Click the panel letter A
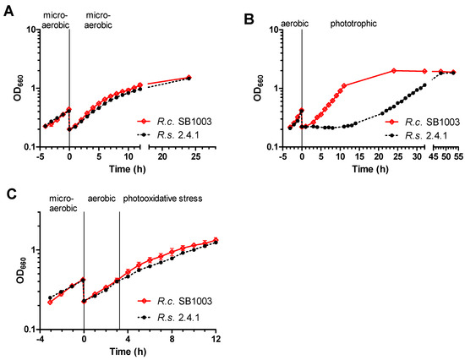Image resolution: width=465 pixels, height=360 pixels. [9, 12]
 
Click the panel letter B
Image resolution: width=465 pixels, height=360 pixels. [249, 19]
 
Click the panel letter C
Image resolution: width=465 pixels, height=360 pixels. [11, 195]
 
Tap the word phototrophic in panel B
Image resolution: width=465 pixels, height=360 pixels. [353, 24]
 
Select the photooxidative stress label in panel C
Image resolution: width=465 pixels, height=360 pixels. [162, 199]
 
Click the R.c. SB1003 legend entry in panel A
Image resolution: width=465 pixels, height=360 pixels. [174, 122]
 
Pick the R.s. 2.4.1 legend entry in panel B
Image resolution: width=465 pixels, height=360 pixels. [416, 135]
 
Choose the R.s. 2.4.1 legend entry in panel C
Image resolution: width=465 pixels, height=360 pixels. [168, 317]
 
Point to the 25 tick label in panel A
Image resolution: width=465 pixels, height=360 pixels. [196, 156]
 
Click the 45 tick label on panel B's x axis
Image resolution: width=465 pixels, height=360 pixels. [434, 156]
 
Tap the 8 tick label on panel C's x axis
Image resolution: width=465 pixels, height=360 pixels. [172, 338]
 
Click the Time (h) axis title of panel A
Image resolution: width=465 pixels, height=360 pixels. [127, 169]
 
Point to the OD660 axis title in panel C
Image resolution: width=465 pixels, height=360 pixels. [21, 270]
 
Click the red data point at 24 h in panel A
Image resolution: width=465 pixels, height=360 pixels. [189, 78]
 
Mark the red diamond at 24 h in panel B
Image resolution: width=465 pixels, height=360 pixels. [394, 71]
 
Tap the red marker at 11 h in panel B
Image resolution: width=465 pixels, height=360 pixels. [344, 85]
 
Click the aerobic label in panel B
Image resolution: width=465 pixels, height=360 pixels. [294, 24]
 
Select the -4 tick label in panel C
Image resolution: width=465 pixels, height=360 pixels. [39, 338]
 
